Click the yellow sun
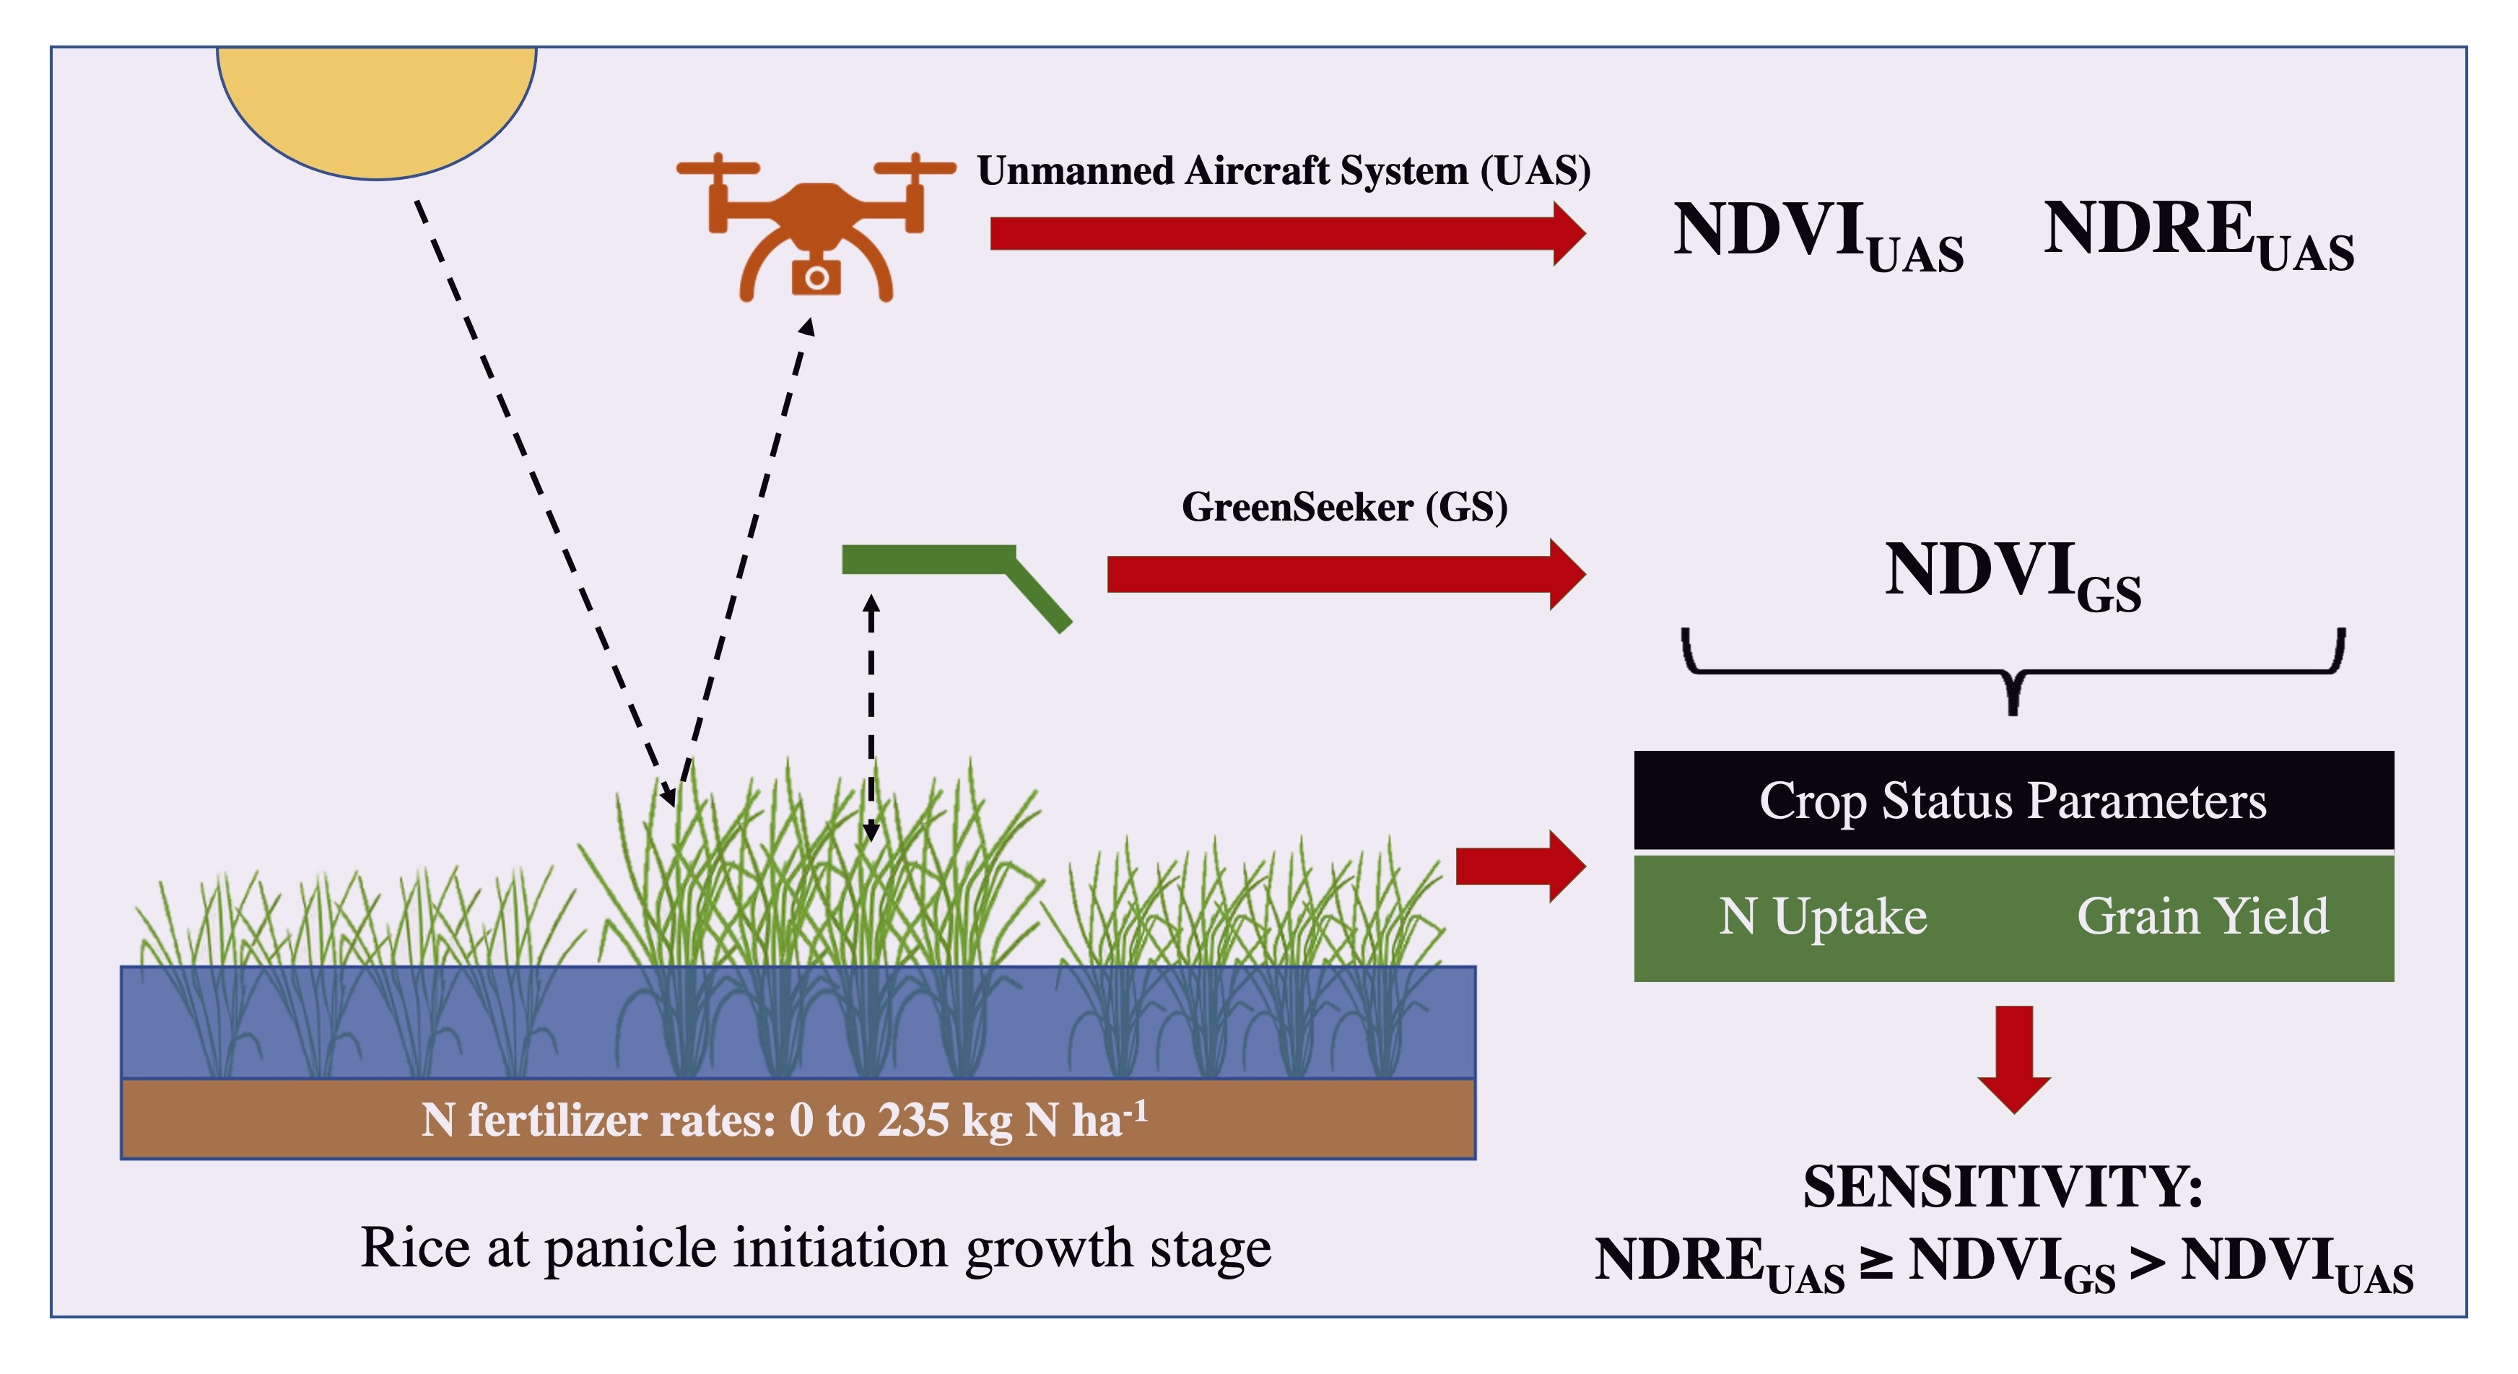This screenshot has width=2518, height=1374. point(376,108)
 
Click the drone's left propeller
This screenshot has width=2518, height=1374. point(718,168)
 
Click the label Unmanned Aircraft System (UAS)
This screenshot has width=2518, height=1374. point(1284,171)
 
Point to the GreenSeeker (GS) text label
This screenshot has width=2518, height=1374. point(1344,508)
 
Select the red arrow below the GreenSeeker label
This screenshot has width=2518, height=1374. point(1344,574)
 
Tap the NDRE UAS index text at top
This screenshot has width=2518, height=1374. point(2197,235)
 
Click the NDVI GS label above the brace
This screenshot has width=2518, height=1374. point(2012,575)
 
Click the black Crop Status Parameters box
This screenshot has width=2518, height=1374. point(2013,800)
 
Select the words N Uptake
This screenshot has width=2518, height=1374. point(1823,917)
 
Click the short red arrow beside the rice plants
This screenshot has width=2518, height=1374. point(1520,866)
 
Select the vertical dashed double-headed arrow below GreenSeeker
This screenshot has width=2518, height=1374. point(871,719)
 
